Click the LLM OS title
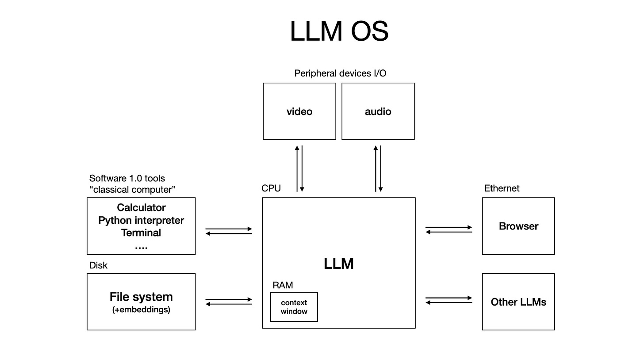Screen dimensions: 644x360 (x=339, y=31)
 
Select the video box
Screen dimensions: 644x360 (x=299, y=111)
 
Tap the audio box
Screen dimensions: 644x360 (x=378, y=111)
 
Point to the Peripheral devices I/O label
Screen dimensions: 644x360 (x=340, y=73)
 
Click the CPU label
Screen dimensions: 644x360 (x=271, y=188)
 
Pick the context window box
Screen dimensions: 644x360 (x=294, y=307)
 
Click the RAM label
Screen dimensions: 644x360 (x=283, y=285)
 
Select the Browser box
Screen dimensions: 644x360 (x=518, y=226)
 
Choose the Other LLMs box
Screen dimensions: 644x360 (x=518, y=302)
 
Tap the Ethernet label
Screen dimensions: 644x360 (x=502, y=188)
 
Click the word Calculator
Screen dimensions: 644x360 (x=141, y=207)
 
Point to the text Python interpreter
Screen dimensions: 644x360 (x=141, y=220)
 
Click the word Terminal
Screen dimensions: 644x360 (x=141, y=233)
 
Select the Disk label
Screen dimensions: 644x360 (x=98, y=265)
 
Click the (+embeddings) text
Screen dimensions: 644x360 (x=141, y=310)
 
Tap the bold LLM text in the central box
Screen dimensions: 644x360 (x=339, y=264)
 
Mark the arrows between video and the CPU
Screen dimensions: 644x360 (x=299, y=169)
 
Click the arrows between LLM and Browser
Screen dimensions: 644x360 (x=449, y=230)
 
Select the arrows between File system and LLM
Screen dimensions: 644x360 (x=229, y=302)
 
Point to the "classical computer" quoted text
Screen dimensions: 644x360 (x=132, y=190)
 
